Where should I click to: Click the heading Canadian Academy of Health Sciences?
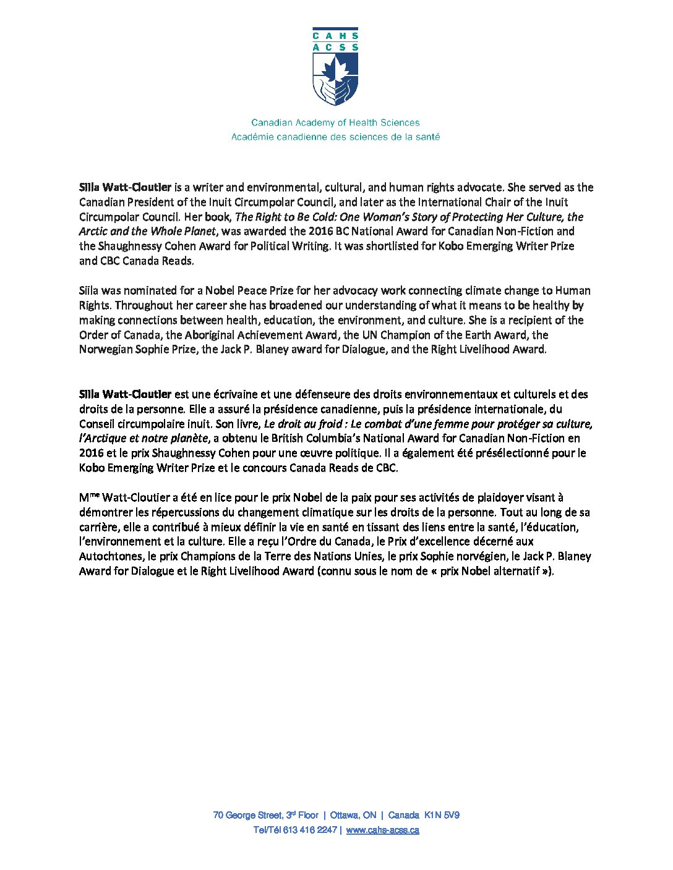(x=335, y=122)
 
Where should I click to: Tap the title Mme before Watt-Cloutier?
(x=89, y=497)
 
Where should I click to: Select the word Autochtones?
(x=112, y=556)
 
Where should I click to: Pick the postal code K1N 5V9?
(x=442, y=815)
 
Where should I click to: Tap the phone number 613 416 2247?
(x=310, y=830)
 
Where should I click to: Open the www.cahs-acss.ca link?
(x=382, y=830)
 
